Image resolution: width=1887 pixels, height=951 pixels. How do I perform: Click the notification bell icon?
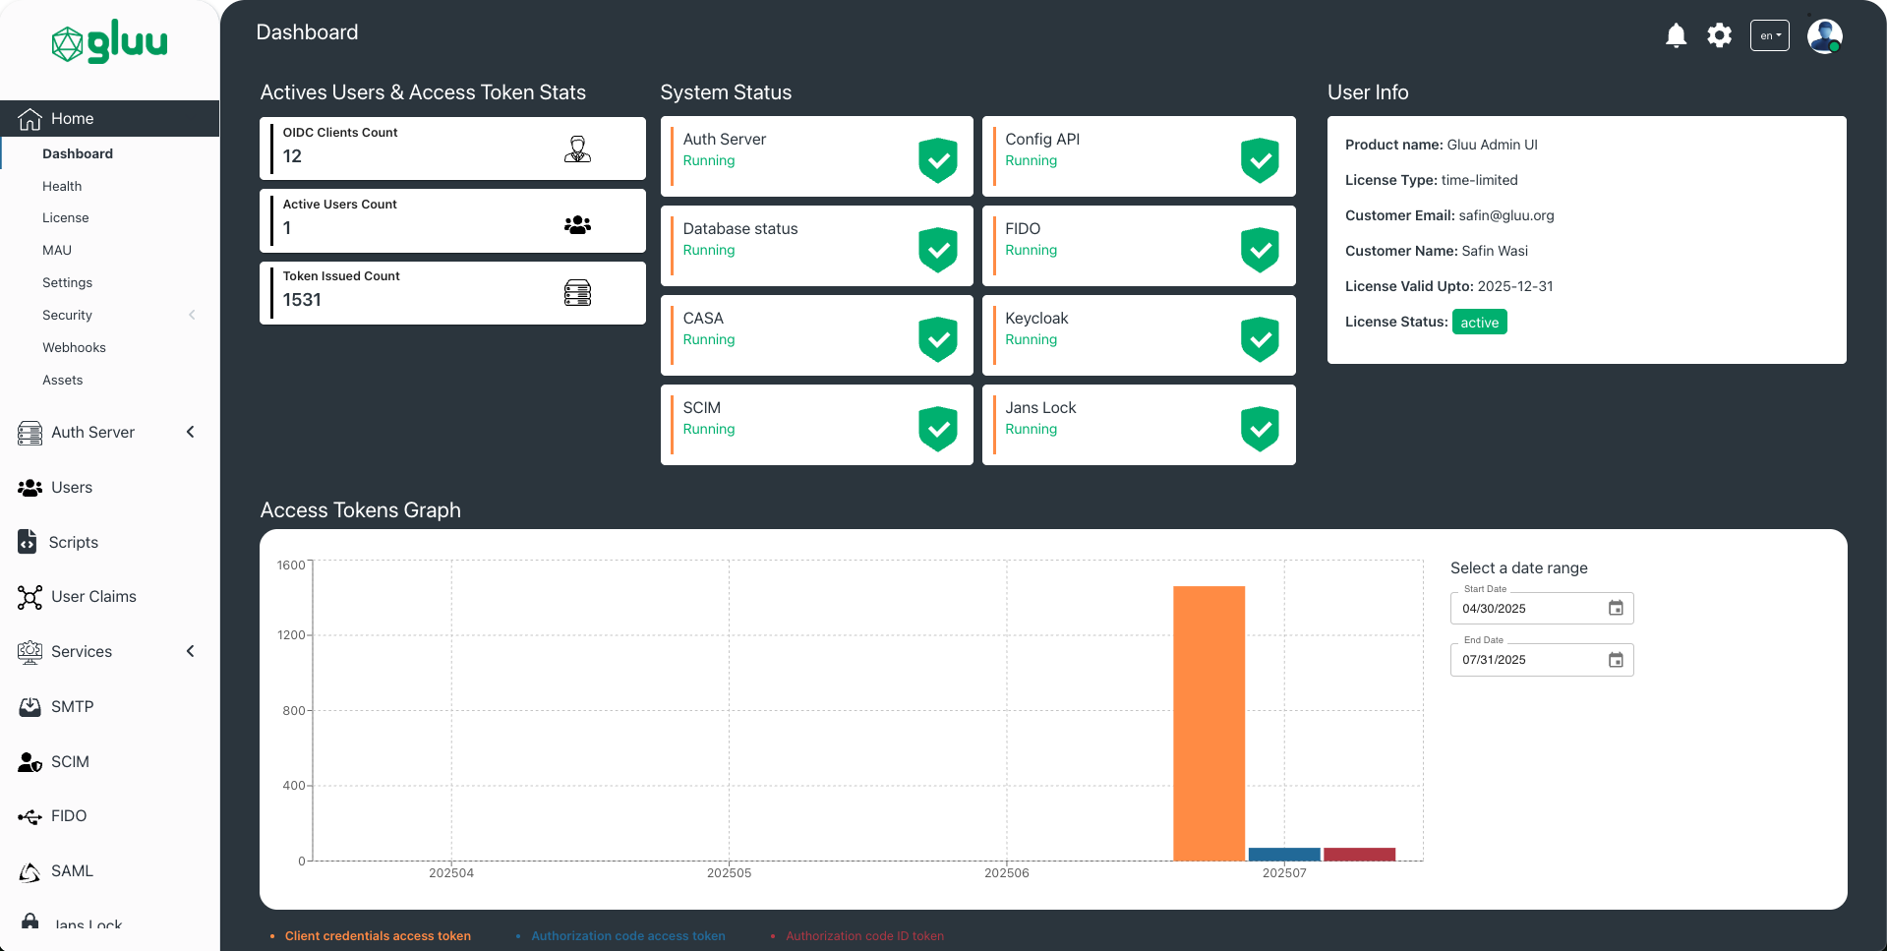point(1676,36)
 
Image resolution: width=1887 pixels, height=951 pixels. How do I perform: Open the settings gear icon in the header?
point(1719,36)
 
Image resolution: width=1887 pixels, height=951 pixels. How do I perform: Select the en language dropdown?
point(1769,36)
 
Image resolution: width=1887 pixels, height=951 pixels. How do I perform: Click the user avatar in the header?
point(1824,36)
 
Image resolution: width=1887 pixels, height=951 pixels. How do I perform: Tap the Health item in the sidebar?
point(62,186)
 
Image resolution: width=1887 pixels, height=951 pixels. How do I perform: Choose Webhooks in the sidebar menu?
point(74,347)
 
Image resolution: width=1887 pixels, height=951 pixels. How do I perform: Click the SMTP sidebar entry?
point(72,706)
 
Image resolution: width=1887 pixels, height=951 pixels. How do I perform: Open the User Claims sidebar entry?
point(93,597)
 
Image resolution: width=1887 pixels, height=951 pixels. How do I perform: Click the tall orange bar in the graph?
point(1209,723)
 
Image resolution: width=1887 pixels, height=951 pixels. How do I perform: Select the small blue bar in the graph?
point(1283,854)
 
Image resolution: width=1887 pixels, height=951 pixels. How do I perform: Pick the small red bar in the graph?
point(1359,854)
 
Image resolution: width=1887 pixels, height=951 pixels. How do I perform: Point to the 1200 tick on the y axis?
point(291,635)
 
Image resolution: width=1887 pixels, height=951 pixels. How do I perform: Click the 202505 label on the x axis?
point(729,873)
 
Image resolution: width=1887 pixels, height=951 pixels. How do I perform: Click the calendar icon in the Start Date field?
point(1615,609)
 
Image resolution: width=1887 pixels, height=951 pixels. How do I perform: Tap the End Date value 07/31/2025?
point(1494,660)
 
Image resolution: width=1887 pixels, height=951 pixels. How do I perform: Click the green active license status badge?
point(1479,323)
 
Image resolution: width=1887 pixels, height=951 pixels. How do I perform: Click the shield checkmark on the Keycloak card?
point(1260,338)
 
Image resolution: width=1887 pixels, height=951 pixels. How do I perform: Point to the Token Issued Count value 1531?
point(302,300)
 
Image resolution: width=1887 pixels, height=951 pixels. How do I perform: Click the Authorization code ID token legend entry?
point(864,936)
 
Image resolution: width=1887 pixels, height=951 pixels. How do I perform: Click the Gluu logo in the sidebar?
point(109,42)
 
